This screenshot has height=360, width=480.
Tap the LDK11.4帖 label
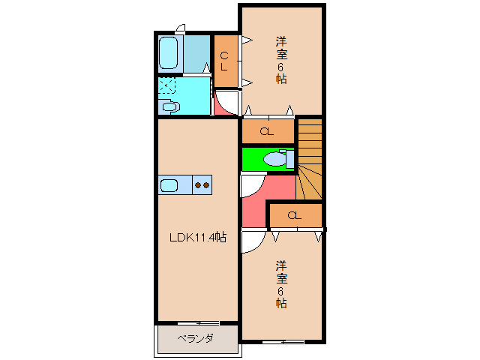click(x=197, y=238)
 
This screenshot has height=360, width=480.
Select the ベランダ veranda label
click(x=195, y=339)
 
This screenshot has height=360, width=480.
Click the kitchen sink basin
click(x=169, y=184)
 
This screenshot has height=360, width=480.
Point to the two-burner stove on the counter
click(x=201, y=184)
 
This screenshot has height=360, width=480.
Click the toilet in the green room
click(x=278, y=159)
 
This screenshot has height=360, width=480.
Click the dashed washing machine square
click(x=166, y=86)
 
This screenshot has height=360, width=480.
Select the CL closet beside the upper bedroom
click(x=224, y=59)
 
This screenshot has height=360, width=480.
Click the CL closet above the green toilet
click(x=266, y=132)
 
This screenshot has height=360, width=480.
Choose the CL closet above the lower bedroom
click(x=293, y=216)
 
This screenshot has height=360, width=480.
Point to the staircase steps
click(x=310, y=157)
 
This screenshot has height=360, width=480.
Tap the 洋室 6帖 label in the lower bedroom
click(x=281, y=283)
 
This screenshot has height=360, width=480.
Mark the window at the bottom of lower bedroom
click(x=283, y=341)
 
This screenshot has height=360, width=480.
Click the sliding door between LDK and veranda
click(x=197, y=323)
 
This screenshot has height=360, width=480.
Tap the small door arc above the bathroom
click(x=180, y=28)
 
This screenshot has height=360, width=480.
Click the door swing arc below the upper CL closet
click(x=224, y=100)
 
